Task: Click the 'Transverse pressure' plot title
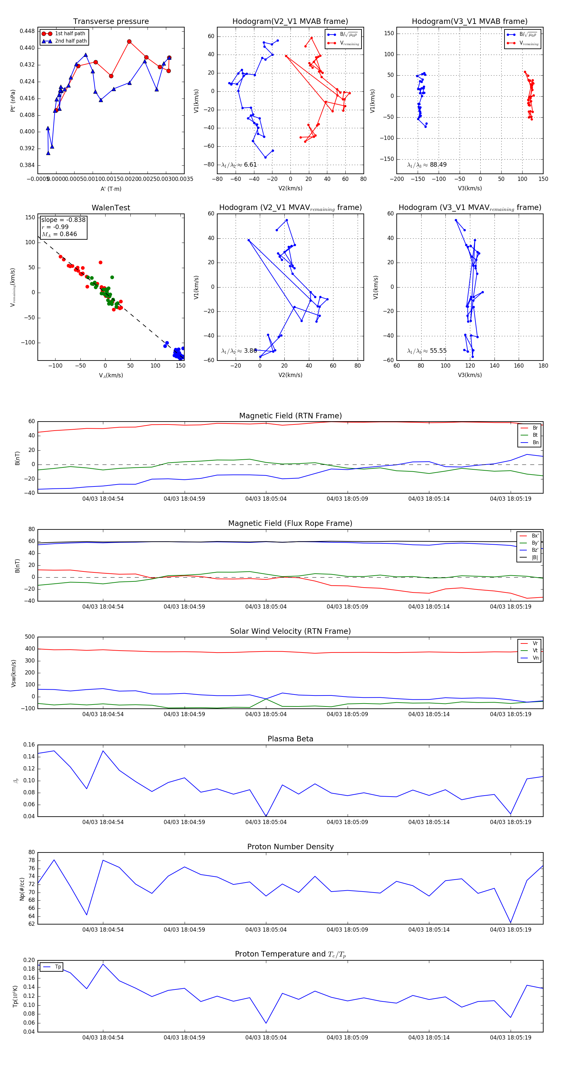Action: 111,22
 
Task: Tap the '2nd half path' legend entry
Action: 71,41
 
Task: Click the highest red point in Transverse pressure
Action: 129,42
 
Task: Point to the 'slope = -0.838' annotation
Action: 63,220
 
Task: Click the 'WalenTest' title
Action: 111,208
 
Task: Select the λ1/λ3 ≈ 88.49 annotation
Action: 427,165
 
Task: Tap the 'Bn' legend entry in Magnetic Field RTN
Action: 535,442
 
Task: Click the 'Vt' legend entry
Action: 535,651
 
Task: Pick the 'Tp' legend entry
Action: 58,967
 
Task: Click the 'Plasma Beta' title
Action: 290,739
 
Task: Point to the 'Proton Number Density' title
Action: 290,847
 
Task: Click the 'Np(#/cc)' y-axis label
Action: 22,889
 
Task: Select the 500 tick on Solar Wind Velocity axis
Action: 29,637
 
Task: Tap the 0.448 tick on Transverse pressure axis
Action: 27,31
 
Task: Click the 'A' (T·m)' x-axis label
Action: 111,189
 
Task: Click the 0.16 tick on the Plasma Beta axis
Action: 29,745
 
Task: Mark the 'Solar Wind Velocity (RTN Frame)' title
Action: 290,631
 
